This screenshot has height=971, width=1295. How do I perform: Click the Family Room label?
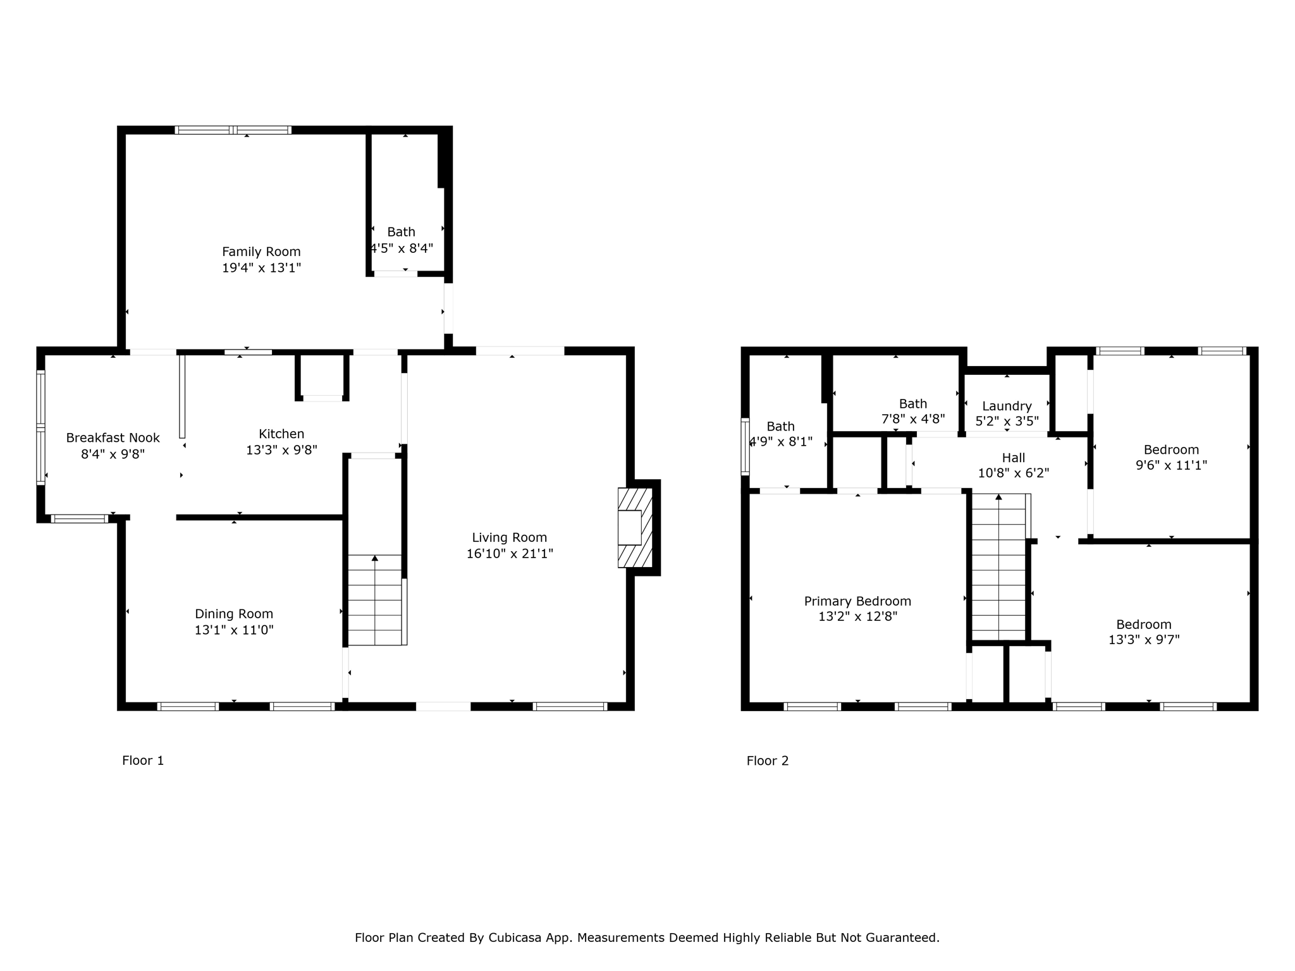click(261, 252)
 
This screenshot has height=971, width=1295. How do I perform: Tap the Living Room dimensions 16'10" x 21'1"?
click(510, 554)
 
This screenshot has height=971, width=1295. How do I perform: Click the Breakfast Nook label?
click(113, 437)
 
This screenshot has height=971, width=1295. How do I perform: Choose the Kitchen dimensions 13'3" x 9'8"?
click(281, 450)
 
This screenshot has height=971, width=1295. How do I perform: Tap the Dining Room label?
click(234, 614)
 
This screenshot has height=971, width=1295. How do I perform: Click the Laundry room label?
click(1007, 406)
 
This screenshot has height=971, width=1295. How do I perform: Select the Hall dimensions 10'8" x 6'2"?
click(1013, 473)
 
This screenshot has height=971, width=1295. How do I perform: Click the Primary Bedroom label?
click(857, 601)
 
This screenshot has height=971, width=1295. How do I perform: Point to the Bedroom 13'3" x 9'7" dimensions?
click(1143, 640)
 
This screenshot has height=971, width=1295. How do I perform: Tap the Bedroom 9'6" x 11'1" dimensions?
click(1171, 465)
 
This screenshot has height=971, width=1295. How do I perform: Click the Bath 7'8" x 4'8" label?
click(912, 403)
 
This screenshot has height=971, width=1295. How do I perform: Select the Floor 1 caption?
click(143, 760)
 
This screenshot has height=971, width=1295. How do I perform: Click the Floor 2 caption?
click(767, 760)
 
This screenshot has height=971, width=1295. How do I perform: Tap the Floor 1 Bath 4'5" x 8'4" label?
click(401, 232)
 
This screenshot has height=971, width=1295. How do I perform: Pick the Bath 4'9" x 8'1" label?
click(780, 426)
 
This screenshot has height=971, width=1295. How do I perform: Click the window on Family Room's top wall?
click(233, 130)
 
